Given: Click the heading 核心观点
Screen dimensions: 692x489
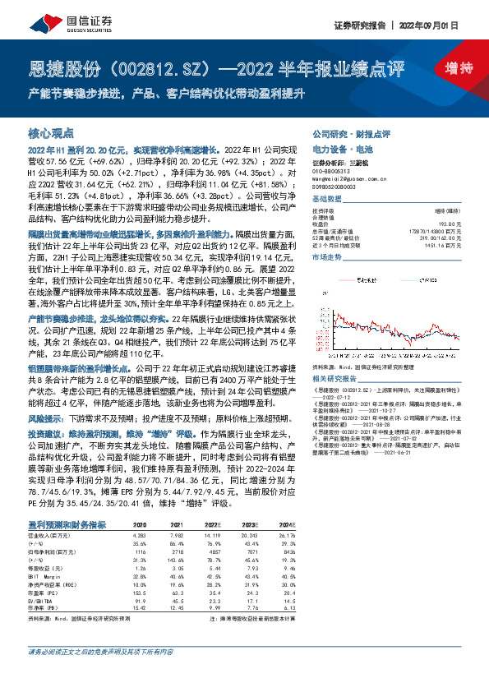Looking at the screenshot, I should click(51, 132).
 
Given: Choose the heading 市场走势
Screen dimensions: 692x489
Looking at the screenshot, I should click(325, 257).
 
